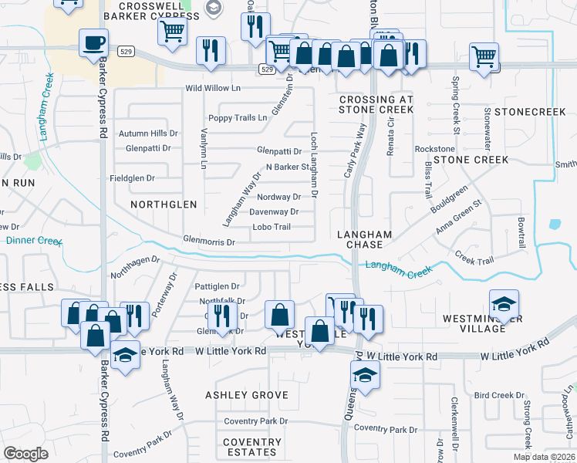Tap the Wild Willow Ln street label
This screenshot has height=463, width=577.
click(213, 89)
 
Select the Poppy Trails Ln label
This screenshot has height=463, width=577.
click(238, 118)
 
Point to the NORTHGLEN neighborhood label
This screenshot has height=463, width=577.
click(164, 204)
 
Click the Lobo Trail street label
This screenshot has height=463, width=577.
click(272, 227)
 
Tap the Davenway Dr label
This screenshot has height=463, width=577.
click(273, 211)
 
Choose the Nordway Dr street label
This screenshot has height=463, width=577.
click(278, 197)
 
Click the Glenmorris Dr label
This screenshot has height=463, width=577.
click(208, 242)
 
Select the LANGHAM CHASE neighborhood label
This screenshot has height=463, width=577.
click(365, 239)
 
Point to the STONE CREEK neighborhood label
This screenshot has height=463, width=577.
click(471, 160)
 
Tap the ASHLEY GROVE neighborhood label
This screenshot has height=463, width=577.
click(247, 395)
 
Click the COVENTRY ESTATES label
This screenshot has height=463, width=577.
click(252, 447)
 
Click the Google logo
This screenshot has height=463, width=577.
click(25, 453)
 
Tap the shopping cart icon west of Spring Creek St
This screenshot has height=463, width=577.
click(484, 55)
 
